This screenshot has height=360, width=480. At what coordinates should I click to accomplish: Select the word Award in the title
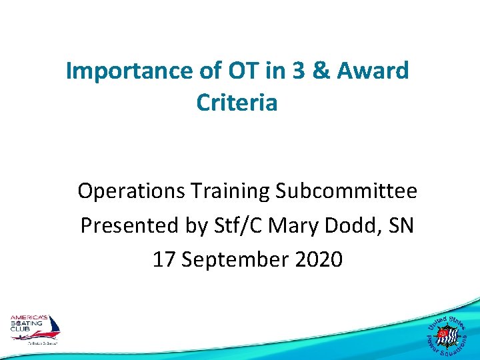pos(374,71)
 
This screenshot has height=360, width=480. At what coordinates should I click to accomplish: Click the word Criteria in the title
pos(237,103)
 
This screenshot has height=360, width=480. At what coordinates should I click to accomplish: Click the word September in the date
pos(235,259)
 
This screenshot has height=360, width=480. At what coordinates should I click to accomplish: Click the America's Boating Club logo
pos(35,329)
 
